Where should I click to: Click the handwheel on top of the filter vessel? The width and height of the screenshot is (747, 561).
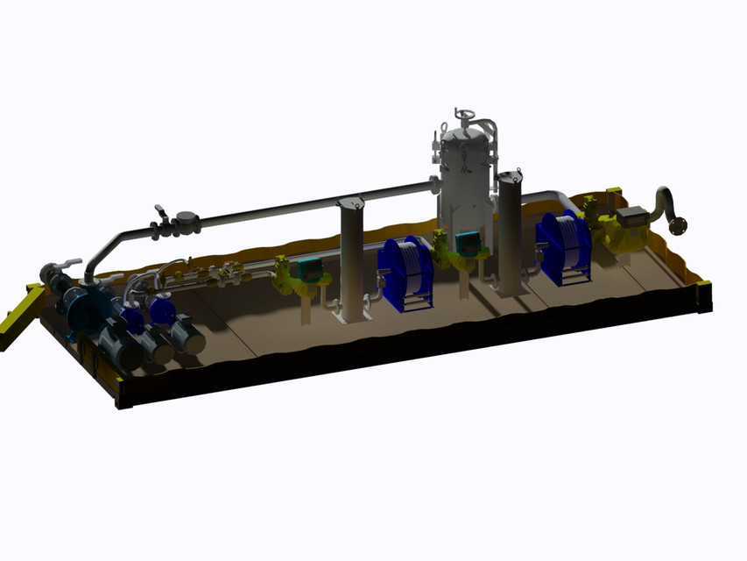[464, 116]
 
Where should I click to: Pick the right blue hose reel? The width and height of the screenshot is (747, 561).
[564, 246]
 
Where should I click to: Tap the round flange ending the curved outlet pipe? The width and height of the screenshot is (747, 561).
[678, 225]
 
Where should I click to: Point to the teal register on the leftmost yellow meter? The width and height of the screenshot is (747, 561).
[308, 267]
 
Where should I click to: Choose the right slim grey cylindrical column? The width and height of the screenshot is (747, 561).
[510, 232]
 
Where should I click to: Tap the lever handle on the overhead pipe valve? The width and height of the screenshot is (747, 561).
[161, 213]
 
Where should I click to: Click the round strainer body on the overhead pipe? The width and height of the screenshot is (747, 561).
[187, 219]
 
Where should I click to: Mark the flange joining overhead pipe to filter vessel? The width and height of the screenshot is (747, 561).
[434, 184]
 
